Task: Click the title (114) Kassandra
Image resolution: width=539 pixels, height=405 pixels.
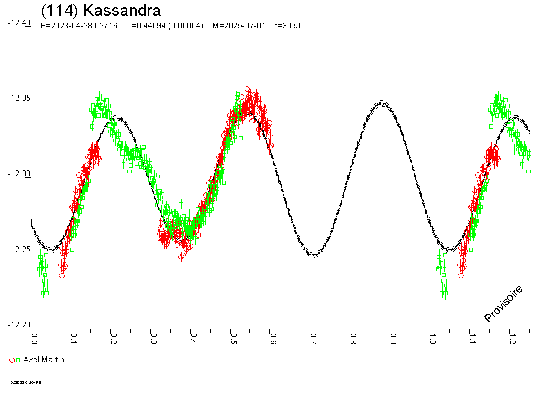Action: (101, 10)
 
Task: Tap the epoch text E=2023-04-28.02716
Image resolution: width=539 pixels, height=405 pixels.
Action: (78, 26)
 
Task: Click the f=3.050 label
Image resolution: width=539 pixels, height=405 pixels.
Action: (289, 26)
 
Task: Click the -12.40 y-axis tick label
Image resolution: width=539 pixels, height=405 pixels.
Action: (19, 23)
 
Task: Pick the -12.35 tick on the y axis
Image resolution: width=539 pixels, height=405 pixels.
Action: (19, 99)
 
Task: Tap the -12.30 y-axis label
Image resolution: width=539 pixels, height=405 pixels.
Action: (19, 174)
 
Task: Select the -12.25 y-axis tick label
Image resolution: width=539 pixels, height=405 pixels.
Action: (19, 249)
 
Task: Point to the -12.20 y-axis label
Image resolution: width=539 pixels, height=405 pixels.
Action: (19, 325)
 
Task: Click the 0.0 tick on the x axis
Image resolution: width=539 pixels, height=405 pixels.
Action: (34, 337)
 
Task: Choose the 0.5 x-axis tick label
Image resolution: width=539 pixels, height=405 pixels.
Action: (233, 337)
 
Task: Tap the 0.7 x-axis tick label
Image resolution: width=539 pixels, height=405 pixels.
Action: (312, 337)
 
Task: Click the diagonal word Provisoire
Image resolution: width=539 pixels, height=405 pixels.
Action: (503, 304)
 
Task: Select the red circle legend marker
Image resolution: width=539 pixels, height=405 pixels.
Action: (12, 360)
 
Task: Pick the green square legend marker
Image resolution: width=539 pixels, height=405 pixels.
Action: (18, 360)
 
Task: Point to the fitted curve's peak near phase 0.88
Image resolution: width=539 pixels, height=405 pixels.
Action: (382, 103)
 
